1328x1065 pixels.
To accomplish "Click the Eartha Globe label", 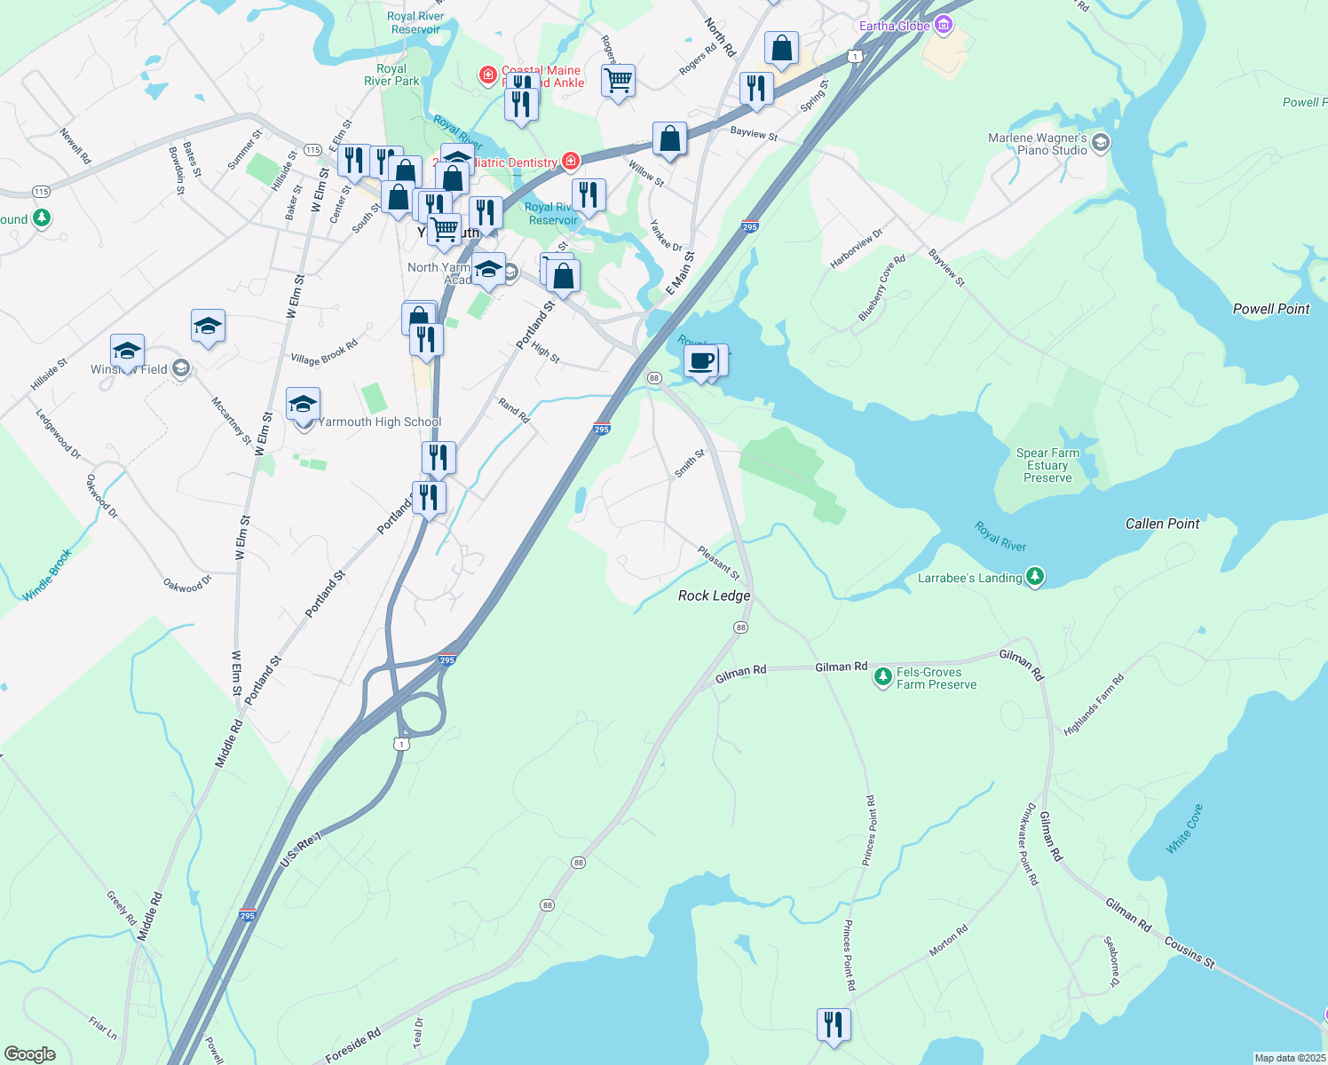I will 894,26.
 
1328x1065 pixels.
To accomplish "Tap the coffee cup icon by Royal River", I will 700,361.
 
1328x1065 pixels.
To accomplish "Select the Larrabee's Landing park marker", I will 1034,578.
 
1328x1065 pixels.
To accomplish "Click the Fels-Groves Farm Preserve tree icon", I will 882,678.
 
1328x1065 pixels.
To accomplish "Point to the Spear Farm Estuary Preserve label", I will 1047,465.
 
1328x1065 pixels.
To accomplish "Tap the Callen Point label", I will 1162,524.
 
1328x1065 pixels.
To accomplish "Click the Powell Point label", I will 1271,309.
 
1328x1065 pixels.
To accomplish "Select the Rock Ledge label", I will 714,596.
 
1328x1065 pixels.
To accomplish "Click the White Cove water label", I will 1184,830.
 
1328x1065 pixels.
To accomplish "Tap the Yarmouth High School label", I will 379,422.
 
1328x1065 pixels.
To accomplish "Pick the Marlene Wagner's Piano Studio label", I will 1037,144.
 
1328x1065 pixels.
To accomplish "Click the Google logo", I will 30,1054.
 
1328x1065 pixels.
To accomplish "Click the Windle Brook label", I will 47,575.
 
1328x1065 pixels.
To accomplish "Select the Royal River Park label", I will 391,75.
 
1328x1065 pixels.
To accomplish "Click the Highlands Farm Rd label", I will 1094,705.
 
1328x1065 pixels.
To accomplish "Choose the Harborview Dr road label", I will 857,248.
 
